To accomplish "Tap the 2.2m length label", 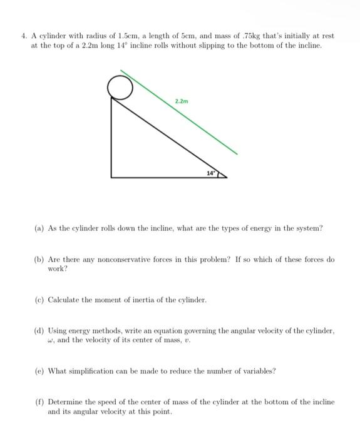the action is point(181,101).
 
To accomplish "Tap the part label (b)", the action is point(39,259).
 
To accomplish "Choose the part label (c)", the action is point(39,300).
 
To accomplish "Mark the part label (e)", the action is point(39,370).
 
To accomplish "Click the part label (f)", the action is point(39,402).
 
